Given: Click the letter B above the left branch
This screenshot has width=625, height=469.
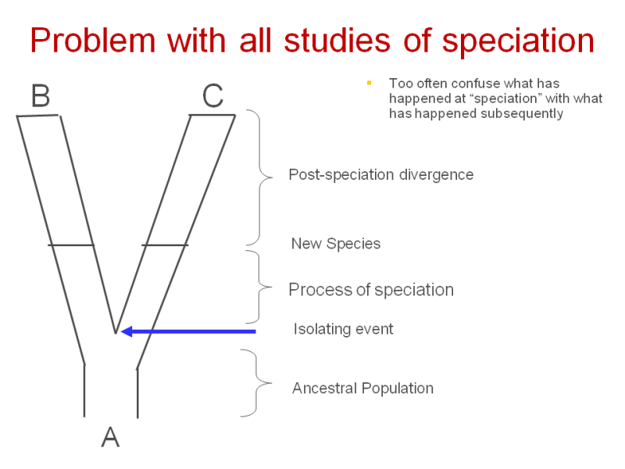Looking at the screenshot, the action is pyautogui.click(x=41, y=95).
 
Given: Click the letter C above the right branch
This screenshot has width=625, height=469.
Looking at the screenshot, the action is pyautogui.click(x=212, y=95).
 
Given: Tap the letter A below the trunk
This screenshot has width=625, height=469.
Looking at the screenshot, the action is pyautogui.click(x=110, y=437).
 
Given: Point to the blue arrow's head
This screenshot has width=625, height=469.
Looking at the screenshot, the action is pyautogui.click(x=127, y=331).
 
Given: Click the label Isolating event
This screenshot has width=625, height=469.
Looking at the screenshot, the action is pyautogui.click(x=343, y=329).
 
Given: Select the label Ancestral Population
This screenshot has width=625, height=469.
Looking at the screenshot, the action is pyautogui.click(x=362, y=388).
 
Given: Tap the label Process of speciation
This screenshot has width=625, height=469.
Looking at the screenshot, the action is pyautogui.click(x=371, y=290).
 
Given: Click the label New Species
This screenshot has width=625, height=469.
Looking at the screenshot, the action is pyautogui.click(x=336, y=244).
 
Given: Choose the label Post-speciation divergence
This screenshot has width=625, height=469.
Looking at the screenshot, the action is pyautogui.click(x=381, y=174).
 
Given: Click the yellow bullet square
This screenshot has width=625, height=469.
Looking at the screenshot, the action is pyautogui.click(x=369, y=83).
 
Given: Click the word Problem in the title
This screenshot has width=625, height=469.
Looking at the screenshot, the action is pyautogui.click(x=92, y=41).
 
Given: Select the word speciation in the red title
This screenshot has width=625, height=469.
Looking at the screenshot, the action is pyautogui.click(x=518, y=41).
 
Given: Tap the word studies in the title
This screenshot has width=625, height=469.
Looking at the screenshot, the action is pyautogui.click(x=337, y=41).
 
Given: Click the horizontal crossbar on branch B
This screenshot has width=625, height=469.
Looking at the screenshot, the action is pyautogui.click(x=71, y=245).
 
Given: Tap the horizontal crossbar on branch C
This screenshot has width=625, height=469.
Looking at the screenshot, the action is pyautogui.click(x=165, y=245).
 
